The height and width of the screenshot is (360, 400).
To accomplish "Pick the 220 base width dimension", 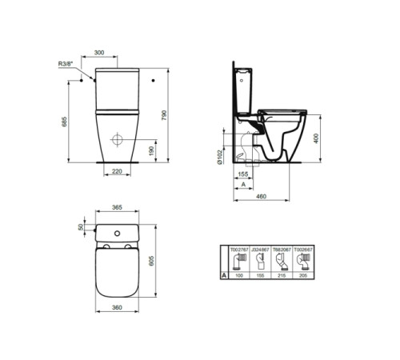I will pos(118,171).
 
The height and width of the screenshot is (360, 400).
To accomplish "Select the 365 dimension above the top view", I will pos(117,207).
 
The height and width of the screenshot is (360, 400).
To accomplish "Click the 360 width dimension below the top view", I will pos(117,307).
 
